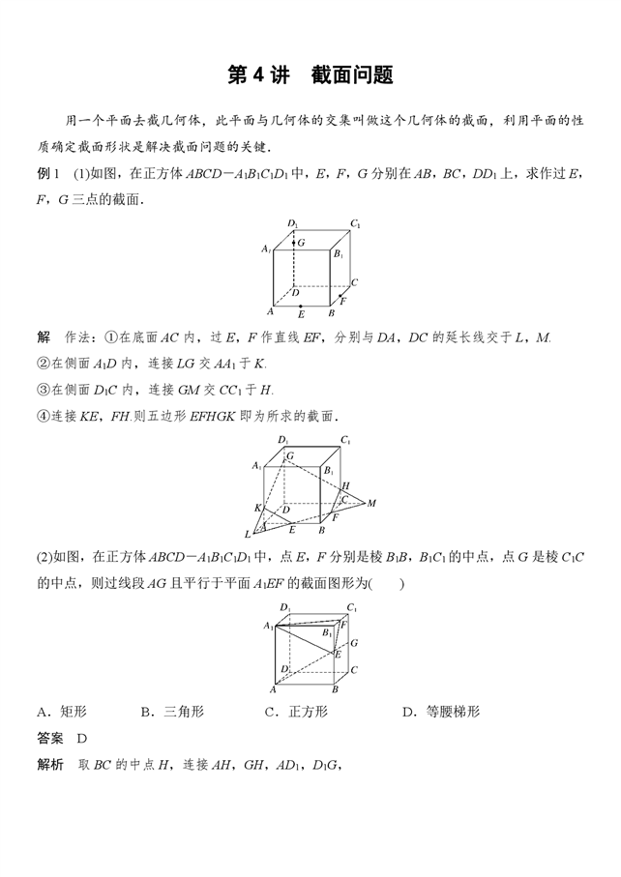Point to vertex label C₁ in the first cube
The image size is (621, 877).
point(356,224)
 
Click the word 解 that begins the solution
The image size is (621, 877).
point(43,336)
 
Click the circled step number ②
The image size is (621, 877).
point(43,363)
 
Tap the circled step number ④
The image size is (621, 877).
point(43,415)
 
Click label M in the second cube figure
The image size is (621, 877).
point(371,503)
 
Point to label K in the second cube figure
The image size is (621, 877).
point(257,508)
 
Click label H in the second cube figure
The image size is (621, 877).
point(345,485)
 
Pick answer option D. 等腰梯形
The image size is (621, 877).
point(440,712)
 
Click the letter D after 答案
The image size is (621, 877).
point(82,738)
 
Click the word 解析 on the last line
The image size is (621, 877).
point(49,764)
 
